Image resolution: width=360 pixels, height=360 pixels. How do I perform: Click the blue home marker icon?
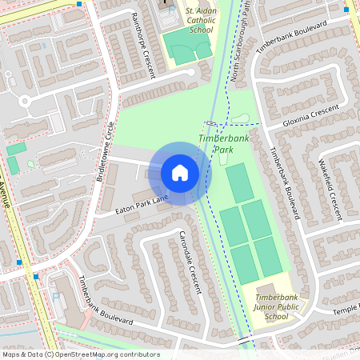(x=180, y=172)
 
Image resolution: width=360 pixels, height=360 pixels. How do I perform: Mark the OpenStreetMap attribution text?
(x=81, y=354)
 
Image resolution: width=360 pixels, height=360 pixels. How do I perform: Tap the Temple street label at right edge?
(x=346, y=308)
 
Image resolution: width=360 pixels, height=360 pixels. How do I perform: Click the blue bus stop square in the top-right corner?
(x=346, y=10)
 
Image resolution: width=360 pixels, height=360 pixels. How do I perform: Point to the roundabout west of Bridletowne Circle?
(x=24, y=102)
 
